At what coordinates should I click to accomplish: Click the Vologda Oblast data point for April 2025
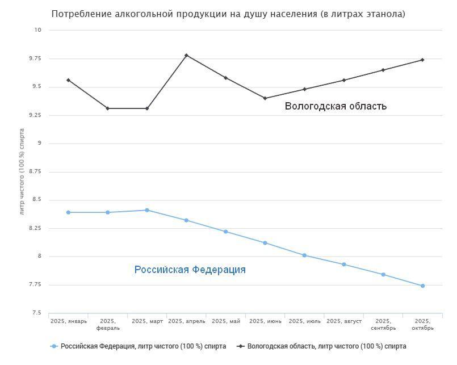(x=186, y=55)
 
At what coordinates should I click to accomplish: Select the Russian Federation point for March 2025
(x=147, y=210)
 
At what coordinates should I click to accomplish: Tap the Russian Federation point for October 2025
(x=423, y=286)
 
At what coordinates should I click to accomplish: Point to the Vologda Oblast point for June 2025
(x=265, y=98)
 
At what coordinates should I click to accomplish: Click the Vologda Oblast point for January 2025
(x=68, y=80)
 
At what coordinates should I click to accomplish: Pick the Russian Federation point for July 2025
(x=305, y=255)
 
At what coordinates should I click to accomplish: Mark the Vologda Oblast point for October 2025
(x=423, y=60)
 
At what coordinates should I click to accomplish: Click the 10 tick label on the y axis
(x=38, y=30)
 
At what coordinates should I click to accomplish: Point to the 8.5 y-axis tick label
(x=37, y=200)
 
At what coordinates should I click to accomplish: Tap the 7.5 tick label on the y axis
(x=37, y=313)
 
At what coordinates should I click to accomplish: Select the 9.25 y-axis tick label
(x=36, y=115)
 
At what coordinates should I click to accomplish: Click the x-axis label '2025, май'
(x=226, y=321)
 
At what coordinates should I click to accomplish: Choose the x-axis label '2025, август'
(x=344, y=321)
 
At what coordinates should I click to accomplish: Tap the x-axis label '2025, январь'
(x=69, y=321)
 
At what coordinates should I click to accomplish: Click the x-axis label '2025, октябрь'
(x=423, y=324)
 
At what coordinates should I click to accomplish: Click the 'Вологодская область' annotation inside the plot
(x=336, y=106)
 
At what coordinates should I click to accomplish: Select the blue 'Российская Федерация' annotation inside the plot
(x=190, y=270)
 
